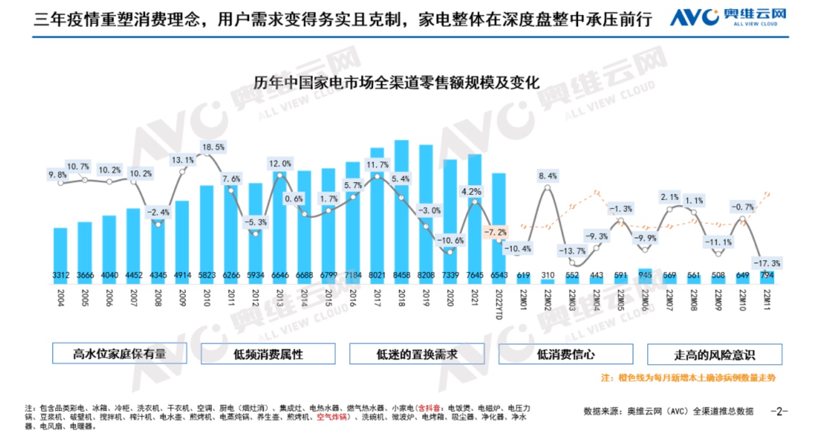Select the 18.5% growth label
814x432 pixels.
click(x=214, y=147)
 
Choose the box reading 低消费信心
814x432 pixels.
click(x=565, y=354)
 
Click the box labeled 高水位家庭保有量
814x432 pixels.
click(x=119, y=354)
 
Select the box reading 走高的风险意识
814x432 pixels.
click(x=714, y=354)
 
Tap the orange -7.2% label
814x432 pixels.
click(x=494, y=233)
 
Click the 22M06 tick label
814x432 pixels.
click(x=645, y=300)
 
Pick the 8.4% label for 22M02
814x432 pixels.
click(x=548, y=176)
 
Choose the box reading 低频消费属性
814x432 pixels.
click(x=268, y=354)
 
